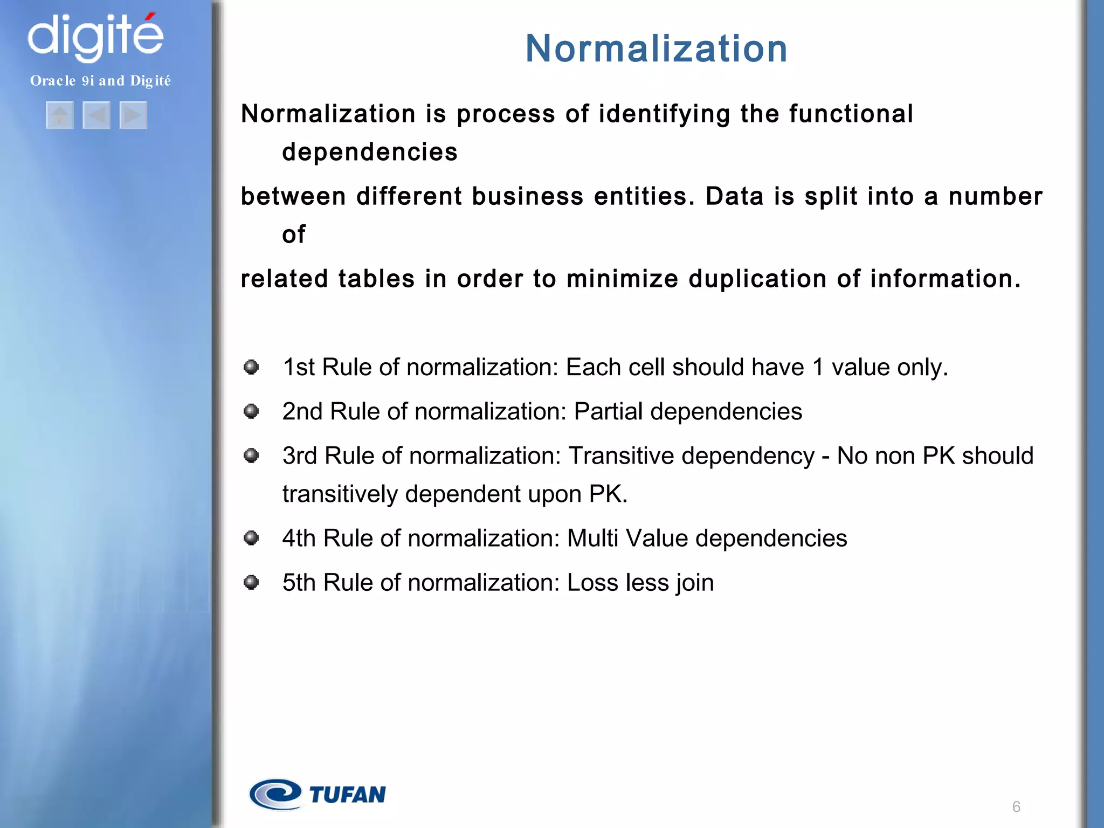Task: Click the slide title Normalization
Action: pyautogui.click(x=656, y=49)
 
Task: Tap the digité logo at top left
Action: pyautogui.click(x=95, y=37)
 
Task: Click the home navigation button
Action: pyautogui.click(x=60, y=115)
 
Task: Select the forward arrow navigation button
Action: pyautogui.click(x=133, y=115)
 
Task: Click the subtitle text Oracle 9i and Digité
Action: pyautogui.click(x=100, y=81)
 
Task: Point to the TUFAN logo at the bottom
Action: pyautogui.click(x=318, y=794)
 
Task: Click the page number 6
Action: pyautogui.click(x=1016, y=807)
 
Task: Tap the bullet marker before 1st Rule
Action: pyautogui.click(x=251, y=367)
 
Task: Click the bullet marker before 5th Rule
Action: pyautogui.click(x=251, y=582)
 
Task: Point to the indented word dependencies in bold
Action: pyautogui.click(x=370, y=153)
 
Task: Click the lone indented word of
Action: pyautogui.click(x=294, y=234)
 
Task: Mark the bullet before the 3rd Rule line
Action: pyautogui.click(x=251, y=456)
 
